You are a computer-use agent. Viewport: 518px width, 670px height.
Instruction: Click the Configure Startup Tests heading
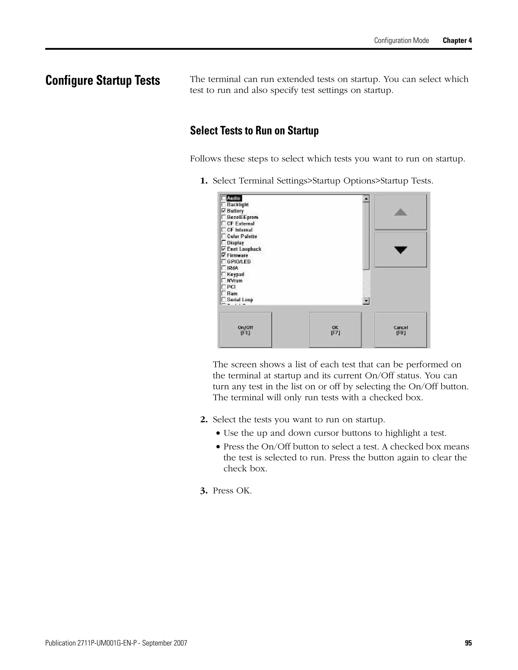coord(102,80)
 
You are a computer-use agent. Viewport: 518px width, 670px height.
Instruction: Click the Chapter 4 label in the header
coord(457,40)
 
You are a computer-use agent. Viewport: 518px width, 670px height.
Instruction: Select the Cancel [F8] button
coord(400,330)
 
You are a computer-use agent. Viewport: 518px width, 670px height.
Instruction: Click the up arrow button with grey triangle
coord(400,212)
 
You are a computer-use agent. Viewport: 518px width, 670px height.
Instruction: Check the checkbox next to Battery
coord(223,211)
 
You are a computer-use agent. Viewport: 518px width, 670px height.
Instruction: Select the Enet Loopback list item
coord(244,249)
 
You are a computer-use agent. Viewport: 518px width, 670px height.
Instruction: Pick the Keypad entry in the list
coord(235,274)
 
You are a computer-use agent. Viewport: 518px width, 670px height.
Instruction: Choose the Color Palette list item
coord(242,236)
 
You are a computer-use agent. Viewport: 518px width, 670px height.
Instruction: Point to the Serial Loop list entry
coord(240,300)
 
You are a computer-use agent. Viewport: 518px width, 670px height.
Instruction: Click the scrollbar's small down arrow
coord(366,301)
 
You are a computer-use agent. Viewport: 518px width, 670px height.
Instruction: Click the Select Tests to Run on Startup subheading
coord(254,131)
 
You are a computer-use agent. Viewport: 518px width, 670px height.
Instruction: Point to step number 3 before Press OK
coord(204,490)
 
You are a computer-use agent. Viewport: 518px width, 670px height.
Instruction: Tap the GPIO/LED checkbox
coord(223,262)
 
